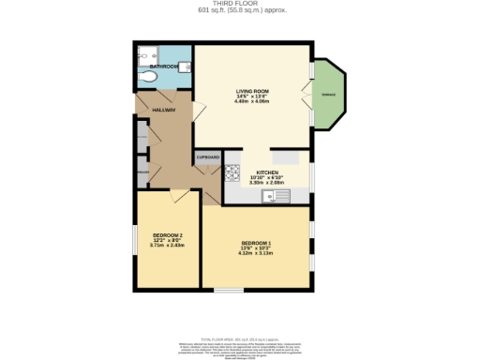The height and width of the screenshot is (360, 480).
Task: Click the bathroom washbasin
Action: (184, 67)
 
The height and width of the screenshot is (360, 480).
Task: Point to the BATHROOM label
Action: (165, 67)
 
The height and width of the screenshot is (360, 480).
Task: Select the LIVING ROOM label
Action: (253, 91)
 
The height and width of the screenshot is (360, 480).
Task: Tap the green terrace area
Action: (330, 95)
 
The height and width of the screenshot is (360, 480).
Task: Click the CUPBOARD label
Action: (207, 157)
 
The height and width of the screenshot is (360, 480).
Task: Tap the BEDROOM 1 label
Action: (256, 242)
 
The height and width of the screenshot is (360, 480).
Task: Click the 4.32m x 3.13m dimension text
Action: (256, 253)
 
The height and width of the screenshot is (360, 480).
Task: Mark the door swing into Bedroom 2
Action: (179, 194)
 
